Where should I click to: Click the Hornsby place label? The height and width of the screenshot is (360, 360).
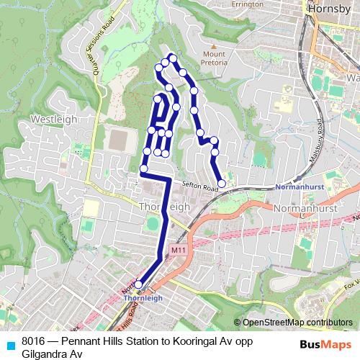pos(328,9)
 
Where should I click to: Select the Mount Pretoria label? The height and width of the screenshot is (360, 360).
pos(215,58)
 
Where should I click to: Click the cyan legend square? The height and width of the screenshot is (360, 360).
pos(10,341)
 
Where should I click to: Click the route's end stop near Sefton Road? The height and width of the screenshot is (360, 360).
pos(222,184)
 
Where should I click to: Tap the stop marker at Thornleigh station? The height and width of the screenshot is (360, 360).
pos(138,284)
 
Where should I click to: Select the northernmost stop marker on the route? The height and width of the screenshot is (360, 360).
pos(172,58)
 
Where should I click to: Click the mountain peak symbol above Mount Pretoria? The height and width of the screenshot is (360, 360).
pos(215,45)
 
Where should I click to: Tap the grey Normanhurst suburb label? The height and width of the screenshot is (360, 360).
pos(302,207)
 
